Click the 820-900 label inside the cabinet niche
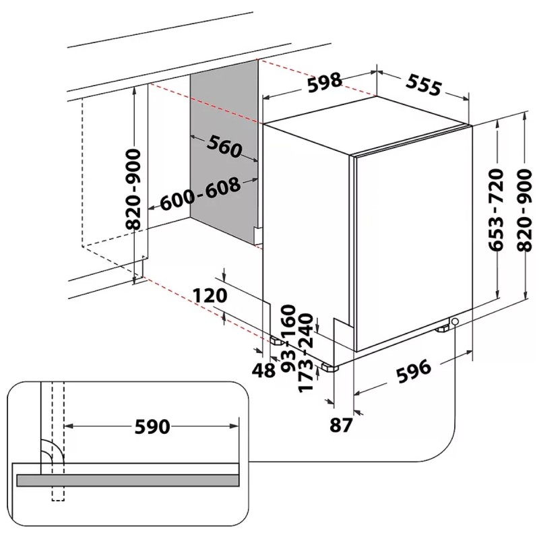coord(134,190)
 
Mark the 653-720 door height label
coord(496,210)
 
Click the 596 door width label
coord(412,370)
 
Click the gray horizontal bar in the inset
coord(128,480)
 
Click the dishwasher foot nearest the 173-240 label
coord(329,369)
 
